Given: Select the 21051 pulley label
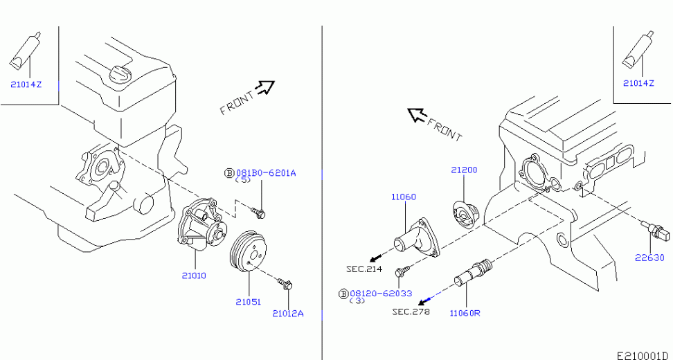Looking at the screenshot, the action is coord(248,302).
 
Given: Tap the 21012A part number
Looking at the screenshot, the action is coord(287,314).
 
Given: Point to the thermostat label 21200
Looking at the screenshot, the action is coord(464,170).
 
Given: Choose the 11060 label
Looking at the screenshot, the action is coord(403,197).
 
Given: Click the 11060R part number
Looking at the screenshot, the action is coord(465,313).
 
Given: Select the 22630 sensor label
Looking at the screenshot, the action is coord(650,258).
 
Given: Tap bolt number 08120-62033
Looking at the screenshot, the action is coord(381,294).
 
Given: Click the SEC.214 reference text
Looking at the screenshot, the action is coord(364,269).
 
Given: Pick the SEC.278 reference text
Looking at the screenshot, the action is coord(411,312).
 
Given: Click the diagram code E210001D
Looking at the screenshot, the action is coord(644,356).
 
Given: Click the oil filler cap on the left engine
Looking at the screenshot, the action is coord(118,73).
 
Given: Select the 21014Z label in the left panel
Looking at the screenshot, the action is coord(26,84).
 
